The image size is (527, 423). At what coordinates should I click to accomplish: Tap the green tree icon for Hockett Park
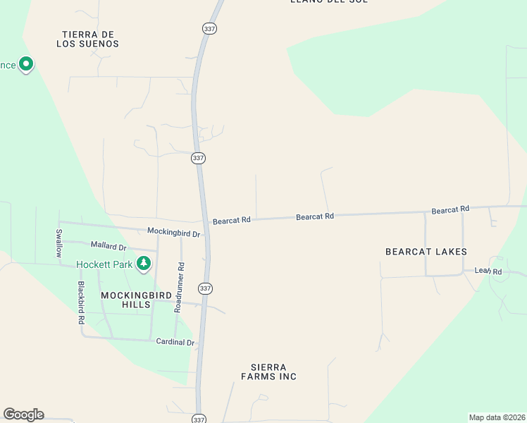pos(144,264)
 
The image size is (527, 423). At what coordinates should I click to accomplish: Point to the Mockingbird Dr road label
pos(174,232)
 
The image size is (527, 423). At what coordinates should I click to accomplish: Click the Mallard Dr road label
pos(108,247)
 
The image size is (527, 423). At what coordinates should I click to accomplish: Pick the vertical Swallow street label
pos(59,243)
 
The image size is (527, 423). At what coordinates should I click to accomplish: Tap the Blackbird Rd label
pos(82,303)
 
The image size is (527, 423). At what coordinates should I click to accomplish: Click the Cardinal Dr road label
pos(175,343)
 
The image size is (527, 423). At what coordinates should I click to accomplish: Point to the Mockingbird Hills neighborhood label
pos(125,300)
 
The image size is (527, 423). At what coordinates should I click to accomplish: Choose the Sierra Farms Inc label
pos(273,372)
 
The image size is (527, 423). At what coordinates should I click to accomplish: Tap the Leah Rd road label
pos(488,271)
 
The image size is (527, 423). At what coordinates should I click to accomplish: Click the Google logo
pos(23,415)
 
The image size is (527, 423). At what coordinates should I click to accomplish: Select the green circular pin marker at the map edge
pos(26,65)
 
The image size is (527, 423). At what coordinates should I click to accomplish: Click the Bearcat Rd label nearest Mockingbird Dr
pos(232,221)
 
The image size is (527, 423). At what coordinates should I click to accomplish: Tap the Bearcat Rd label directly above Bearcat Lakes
pos(450,210)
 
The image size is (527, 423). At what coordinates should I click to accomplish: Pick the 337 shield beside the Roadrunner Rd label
pos(205,288)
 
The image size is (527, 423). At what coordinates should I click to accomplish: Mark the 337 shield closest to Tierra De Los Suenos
pos(209,28)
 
